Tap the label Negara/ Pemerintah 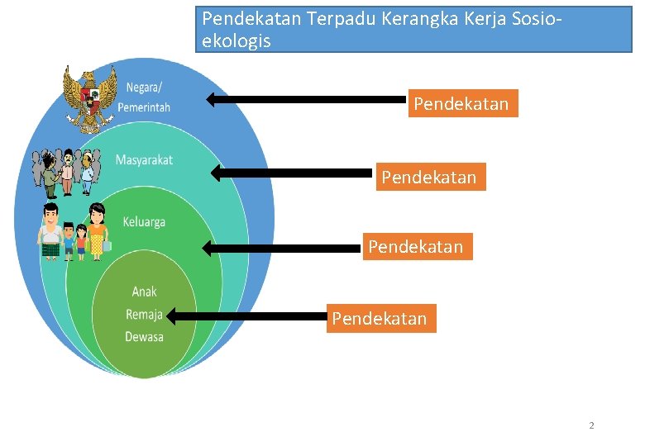[x=144, y=98]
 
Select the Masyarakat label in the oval [x=144, y=160]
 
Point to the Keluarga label [x=144, y=221]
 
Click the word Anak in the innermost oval [x=144, y=292]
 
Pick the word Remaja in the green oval [x=144, y=314]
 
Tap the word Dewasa [x=144, y=336]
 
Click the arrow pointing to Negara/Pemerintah [x=306, y=100]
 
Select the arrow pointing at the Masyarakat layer [x=294, y=173]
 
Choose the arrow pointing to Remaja [x=248, y=316]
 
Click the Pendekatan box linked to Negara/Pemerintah [x=461, y=104]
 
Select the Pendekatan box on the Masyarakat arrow [x=430, y=177]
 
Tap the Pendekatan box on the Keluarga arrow [x=416, y=246]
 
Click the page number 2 [x=591, y=425]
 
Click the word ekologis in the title [x=236, y=41]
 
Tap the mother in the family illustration [x=98, y=230]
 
